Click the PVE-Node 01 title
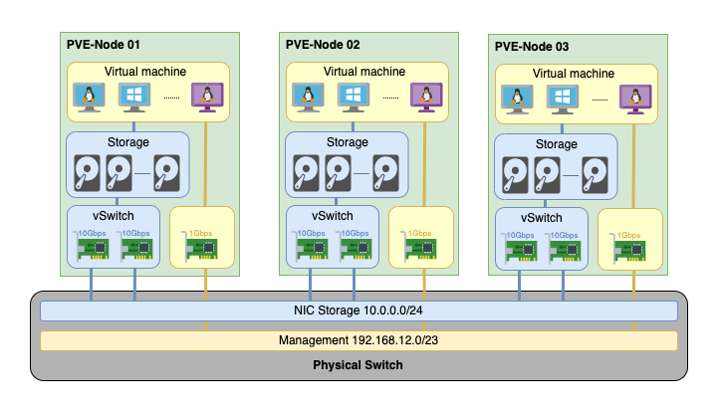(x=103, y=45)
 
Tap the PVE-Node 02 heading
(x=323, y=45)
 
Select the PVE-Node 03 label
(x=532, y=47)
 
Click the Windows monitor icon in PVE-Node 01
(x=134, y=98)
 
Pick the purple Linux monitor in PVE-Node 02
(x=426, y=98)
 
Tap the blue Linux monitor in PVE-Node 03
(x=517, y=100)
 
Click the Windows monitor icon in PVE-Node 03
(x=563, y=100)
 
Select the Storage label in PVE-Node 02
(x=348, y=142)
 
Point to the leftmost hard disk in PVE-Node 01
(x=87, y=173)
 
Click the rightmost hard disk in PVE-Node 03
(x=595, y=175)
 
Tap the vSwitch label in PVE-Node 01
(x=114, y=216)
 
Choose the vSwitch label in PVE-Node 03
(x=542, y=217)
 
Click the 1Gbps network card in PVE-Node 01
(x=199, y=248)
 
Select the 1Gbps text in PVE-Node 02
(x=419, y=233)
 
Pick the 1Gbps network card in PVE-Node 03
(x=627, y=250)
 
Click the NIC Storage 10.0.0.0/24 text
(x=359, y=310)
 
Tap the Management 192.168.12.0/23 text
(x=359, y=340)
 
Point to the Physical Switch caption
(x=358, y=365)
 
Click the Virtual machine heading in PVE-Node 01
(x=145, y=72)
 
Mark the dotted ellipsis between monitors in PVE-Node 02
(x=390, y=98)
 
